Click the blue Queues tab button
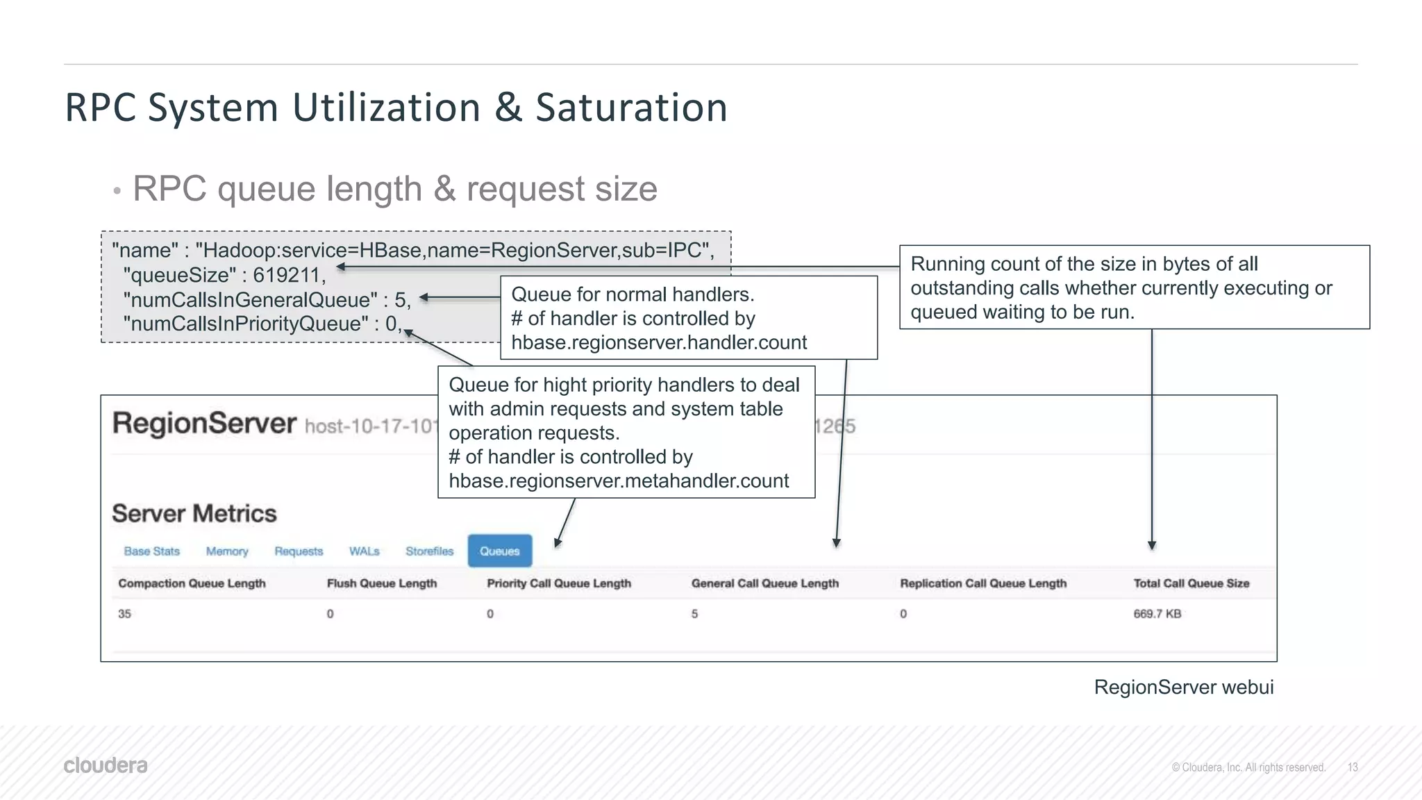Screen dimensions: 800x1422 pos(499,551)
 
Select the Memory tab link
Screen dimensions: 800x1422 pos(226,551)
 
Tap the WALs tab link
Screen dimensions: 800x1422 pos(364,551)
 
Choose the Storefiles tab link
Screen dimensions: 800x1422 pos(429,551)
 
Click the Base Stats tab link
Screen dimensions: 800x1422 pos(151,551)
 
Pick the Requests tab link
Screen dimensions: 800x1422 pos(299,551)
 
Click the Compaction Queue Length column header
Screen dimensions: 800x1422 pos(192,583)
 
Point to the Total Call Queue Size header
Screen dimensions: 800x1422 pos(1191,583)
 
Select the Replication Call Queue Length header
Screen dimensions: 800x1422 pos(982,583)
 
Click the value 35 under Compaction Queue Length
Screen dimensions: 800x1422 pos(124,614)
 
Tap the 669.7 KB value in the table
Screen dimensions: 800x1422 pos(1157,614)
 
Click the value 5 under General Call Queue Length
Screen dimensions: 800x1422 pos(694,614)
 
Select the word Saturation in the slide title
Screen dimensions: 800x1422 pos(631,108)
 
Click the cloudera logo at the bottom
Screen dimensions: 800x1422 pos(106,765)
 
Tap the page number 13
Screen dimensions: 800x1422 pos(1352,767)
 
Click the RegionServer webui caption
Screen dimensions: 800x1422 pos(1183,687)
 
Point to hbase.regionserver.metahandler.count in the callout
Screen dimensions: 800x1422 pos(619,481)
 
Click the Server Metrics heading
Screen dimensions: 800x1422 pos(194,513)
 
